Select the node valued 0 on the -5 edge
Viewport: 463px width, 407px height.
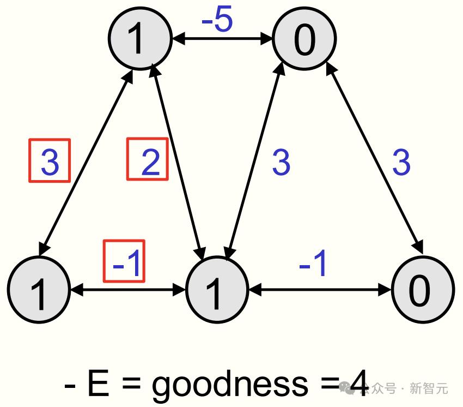(x=304, y=39)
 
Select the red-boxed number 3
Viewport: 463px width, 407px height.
(x=49, y=160)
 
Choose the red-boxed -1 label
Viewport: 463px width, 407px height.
(x=124, y=261)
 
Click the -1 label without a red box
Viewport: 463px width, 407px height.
(x=315, y=263)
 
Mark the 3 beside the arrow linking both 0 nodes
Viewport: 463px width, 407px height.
(x=401, y=162)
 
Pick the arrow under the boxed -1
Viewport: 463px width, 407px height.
(x=128, y=290)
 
